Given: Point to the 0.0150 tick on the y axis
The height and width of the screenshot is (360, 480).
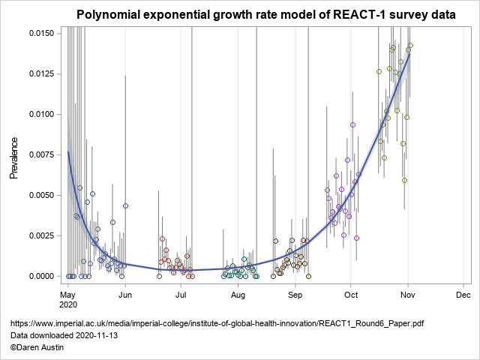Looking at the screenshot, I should point(41,33).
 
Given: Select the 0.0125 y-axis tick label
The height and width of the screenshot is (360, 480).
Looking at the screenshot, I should point(41,73).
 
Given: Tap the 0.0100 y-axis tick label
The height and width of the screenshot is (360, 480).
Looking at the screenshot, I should point(41,114).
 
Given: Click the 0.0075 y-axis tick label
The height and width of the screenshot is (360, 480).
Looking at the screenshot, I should point(41,154).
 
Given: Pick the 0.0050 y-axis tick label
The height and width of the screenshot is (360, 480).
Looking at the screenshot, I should point(41,195).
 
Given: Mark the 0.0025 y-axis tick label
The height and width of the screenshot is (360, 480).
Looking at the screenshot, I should point(41,235).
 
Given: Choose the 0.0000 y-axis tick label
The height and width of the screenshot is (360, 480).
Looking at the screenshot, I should point(41,276).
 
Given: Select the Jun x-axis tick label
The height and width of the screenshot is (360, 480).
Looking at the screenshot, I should point(124,295).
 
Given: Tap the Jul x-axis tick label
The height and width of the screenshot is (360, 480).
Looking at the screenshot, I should point(181,295).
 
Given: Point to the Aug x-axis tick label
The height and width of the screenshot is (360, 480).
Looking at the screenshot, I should point(238,295).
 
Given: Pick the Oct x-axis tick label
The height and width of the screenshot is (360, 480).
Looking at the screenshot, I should point(350,295).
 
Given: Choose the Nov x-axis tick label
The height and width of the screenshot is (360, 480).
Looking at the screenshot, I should point(407,295).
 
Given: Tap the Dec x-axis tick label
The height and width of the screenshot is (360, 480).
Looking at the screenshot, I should point(463,295).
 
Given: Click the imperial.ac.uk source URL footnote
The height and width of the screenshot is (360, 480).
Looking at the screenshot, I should point(217,323).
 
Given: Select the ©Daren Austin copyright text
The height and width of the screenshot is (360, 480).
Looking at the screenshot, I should point(37,347).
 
